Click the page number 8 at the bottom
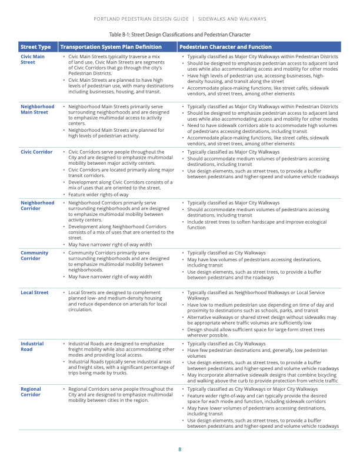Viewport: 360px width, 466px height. click(180, 450)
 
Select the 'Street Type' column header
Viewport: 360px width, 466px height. click(35, 46)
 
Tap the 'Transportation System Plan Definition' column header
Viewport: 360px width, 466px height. click(111, 46)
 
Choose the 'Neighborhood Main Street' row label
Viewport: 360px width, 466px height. click(37, 109)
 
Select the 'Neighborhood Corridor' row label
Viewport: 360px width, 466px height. click(37, 206)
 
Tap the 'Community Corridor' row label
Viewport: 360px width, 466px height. click(34, 255)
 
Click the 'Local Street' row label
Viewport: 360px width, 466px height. click(35, 292)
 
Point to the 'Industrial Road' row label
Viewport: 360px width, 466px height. click(32, 346)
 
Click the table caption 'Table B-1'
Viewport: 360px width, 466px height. click(180, 35)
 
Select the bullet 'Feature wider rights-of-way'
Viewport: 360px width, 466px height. click(98, 194)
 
